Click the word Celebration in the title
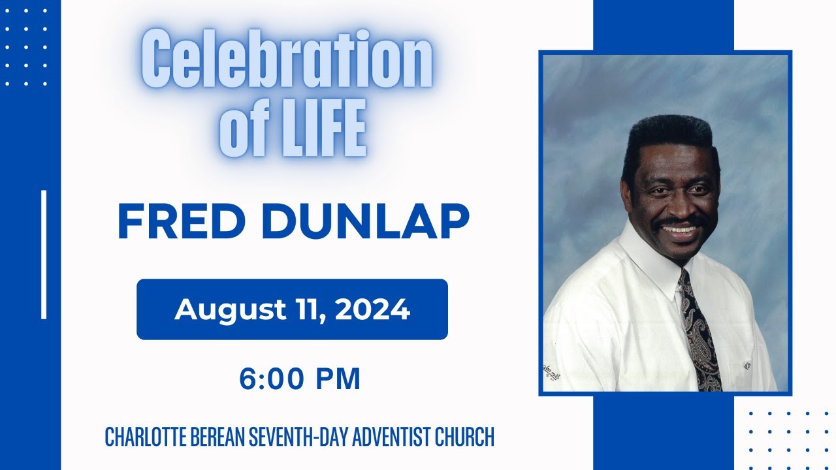[287, 64]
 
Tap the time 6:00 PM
[300, 379]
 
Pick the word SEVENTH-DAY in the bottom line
[298, 437]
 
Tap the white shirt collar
[653, 261]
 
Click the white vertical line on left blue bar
[44, 255]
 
